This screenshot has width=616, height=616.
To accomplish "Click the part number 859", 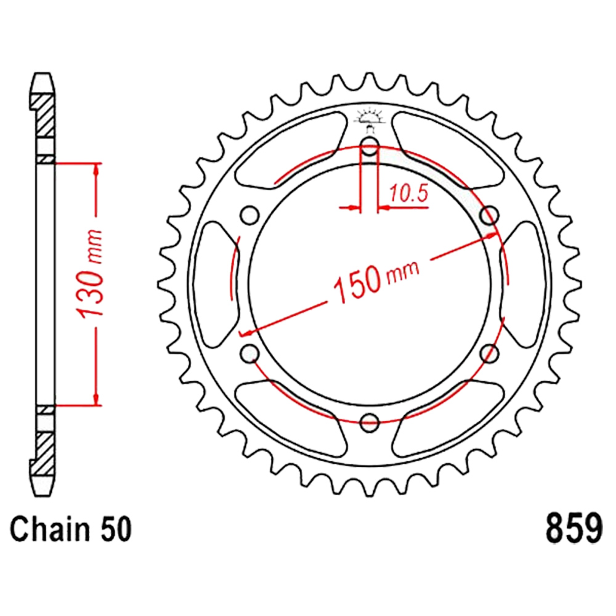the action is pos(573,529).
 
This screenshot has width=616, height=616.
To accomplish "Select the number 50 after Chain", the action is pos(116,529).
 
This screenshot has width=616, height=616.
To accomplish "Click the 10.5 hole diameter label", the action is pos(408,193).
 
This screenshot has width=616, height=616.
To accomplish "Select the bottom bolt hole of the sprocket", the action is pos(369,423).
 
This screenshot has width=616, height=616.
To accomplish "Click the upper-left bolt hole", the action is pos(250,215).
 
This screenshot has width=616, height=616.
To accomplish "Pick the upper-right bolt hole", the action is pos(490,215).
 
